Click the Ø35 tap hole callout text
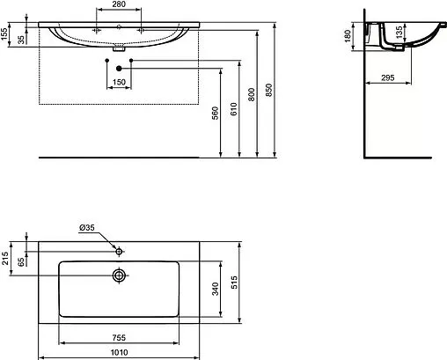(87, 228)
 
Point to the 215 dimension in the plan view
(6, 260)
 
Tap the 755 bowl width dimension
(118, 337)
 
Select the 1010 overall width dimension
(118, 353)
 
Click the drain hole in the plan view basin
(118, 275)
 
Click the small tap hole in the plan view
(118, 250)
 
